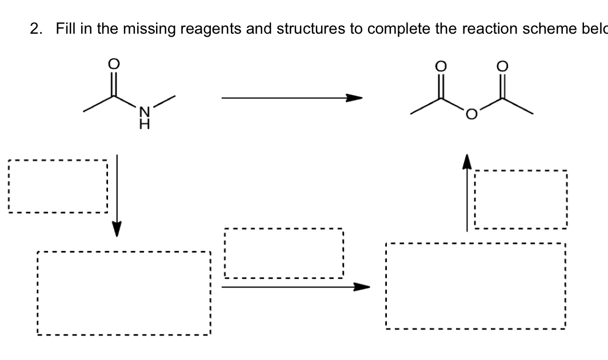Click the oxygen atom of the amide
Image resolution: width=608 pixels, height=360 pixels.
[x=113, y=64]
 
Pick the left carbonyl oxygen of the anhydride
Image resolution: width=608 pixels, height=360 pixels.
[x=441, y=67]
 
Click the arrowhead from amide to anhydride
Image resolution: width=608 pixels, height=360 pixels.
[x=356, y=98]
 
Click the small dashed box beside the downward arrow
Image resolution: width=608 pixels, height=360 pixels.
[x=58, y=186]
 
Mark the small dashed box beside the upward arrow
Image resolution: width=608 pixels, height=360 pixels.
[x=520, y=199]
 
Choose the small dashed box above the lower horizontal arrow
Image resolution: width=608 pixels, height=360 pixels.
[x=284, y=253]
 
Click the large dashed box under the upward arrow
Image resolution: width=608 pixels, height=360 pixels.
[x=475, y=286]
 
